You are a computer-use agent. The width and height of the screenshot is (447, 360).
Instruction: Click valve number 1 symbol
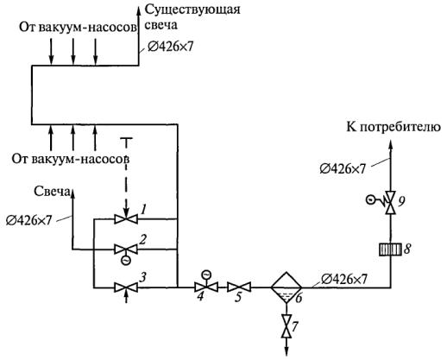pos(126,219)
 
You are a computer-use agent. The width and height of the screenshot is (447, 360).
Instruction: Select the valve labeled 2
pos(126,249)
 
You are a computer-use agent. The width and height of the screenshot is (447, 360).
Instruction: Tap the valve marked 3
pos(126,287)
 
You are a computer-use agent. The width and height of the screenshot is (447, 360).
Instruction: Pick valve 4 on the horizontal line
pos(206,287)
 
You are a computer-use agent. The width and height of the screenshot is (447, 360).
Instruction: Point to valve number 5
pos(239,287)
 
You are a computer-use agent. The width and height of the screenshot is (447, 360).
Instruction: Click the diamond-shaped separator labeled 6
pos(286,287)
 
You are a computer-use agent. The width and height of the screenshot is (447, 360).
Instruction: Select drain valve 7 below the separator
pos(286,326)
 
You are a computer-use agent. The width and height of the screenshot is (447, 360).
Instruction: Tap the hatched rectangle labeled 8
pos(390,249)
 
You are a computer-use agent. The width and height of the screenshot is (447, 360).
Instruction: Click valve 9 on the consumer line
pos(390,202)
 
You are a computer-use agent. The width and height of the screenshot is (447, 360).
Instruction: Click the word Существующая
pos(192,9)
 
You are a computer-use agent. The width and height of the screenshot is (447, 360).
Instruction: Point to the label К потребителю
pos(393,127)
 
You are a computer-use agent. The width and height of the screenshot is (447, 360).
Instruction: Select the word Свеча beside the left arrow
pos(52,192)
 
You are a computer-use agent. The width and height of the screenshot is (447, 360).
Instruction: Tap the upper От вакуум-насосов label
pos(78,28)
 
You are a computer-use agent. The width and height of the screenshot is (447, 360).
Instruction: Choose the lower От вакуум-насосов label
pos(71,159)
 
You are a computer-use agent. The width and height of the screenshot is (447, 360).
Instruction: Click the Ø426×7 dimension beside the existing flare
pos(170,47)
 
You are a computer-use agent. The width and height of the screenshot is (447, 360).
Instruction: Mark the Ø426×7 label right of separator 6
pos(344,279)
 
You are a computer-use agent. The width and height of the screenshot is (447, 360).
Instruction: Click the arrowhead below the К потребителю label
pos(390,144)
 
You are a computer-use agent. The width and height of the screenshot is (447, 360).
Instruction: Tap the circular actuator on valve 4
pos(206,275)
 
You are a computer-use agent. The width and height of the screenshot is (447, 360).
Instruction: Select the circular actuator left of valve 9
pos(371,199)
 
